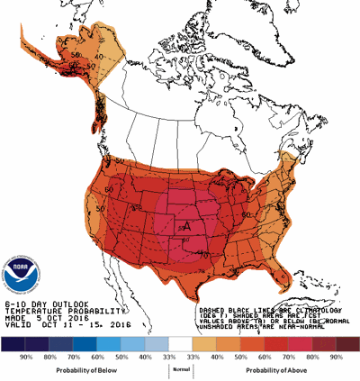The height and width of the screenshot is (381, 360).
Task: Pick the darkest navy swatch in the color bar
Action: coord(13,344)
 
